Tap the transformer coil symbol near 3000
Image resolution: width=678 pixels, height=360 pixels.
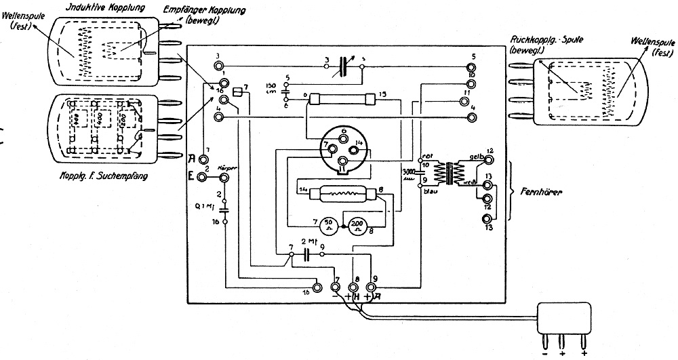[x=447, y=173]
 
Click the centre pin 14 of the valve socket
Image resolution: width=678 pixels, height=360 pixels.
[x=360, y=144]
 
